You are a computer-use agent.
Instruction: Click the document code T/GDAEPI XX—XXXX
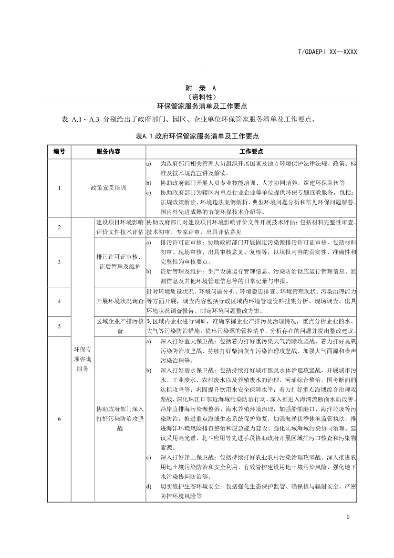(327, 52)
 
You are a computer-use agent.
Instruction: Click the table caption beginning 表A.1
(197, 136)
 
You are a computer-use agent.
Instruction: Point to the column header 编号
(59, 151)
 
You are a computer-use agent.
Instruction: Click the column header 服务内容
(108, 151)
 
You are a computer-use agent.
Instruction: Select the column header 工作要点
(251, 151)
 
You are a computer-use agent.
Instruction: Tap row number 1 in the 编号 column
(59, 188)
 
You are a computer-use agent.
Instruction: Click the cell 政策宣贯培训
(108, 188)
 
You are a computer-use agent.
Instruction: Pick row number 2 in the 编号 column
(59, 227)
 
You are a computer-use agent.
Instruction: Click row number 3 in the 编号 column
(59, 262)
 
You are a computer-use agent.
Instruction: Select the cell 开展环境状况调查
(120, 301)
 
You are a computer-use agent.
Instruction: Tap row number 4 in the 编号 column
(59, 301)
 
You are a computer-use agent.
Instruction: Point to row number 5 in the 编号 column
(59, 326)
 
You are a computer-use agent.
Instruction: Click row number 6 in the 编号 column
(59, 419)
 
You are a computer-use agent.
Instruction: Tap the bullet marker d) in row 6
(149, 486)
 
